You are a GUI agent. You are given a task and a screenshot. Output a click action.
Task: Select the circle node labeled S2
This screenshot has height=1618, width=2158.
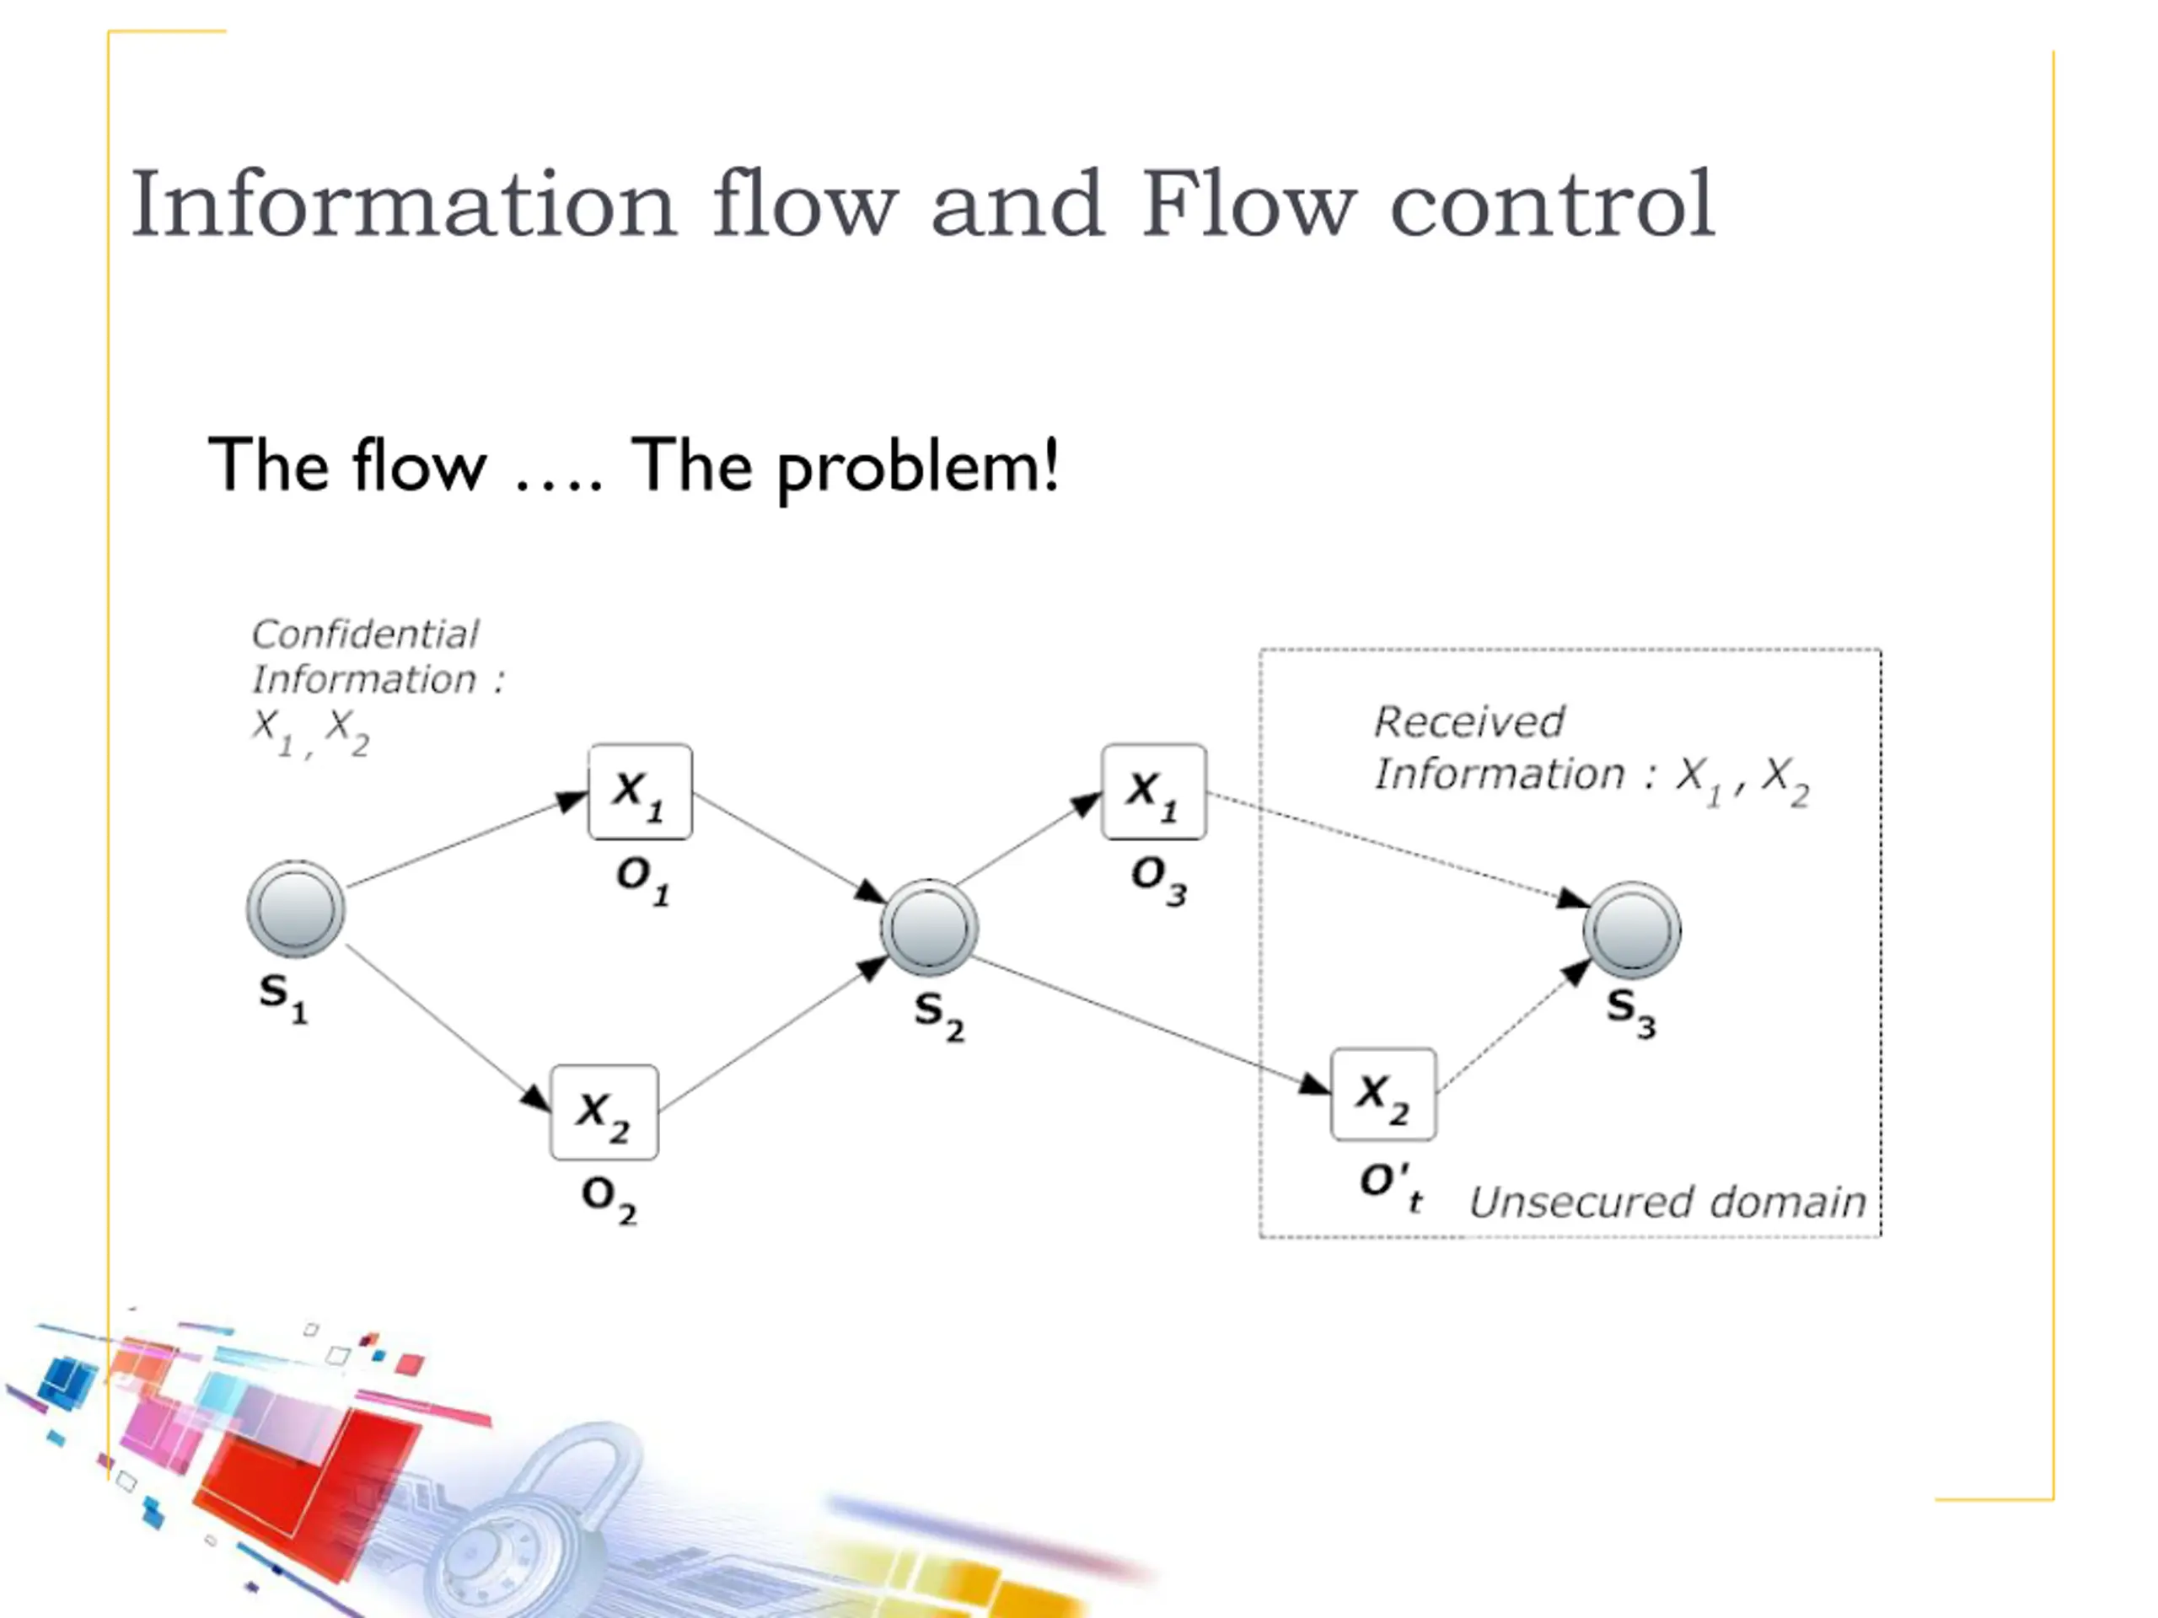tap(929, 928)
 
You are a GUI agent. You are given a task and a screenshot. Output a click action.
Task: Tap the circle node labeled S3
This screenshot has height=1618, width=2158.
tap(1631, 930)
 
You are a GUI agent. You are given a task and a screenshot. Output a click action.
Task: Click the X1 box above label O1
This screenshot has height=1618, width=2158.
tap(640, 792)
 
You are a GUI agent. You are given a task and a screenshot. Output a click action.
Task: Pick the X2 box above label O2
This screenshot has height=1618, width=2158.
tap(604, 1112)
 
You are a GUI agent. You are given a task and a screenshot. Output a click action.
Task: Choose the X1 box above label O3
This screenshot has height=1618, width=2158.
tap(1153, 792)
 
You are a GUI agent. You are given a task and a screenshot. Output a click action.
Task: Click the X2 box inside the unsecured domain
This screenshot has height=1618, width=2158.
tap(1383, 1095)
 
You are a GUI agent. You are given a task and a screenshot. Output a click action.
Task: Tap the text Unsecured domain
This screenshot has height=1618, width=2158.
tap(1667, 1202)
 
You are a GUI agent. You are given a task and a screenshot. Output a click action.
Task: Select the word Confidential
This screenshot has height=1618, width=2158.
tap(365, 634)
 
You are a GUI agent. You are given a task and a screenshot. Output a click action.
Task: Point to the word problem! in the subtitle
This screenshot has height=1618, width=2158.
tap(917, 467)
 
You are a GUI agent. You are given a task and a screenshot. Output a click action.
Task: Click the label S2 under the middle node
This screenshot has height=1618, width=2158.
tap(938, 1015)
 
